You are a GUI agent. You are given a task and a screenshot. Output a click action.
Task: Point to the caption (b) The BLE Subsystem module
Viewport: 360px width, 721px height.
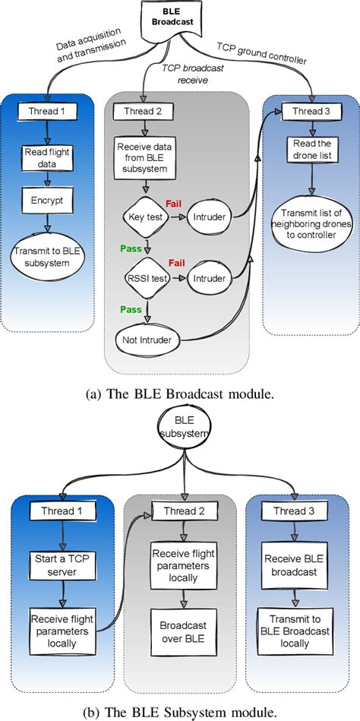coord(179,709)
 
